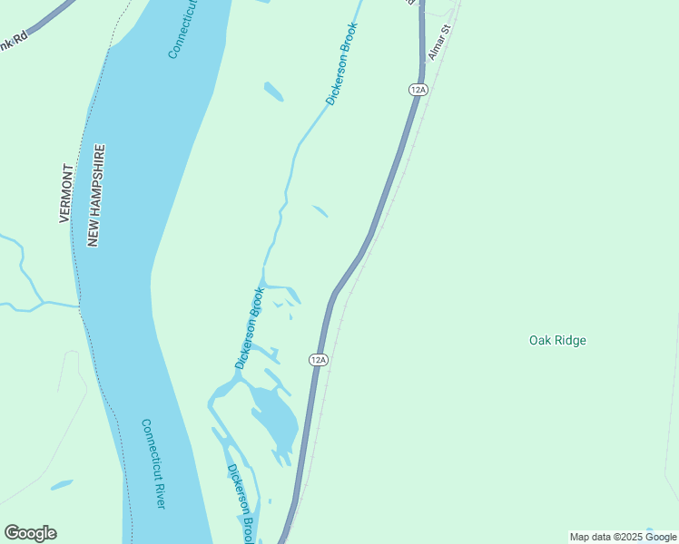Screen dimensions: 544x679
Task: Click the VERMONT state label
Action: [65, 193]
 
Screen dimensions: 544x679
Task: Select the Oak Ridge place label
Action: [557, 341]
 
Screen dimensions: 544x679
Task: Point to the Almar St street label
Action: [439, 43]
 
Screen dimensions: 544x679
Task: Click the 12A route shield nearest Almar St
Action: [418, 89]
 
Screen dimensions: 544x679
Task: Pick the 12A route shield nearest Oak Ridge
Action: [318, 360]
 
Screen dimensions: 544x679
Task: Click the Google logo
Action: [30, 533]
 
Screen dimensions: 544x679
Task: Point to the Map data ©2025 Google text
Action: [623, 537]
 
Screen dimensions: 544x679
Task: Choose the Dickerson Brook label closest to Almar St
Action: [342, 63]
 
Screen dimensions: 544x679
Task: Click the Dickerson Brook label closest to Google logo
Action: [241, 501]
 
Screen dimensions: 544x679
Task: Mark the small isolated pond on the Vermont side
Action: [62, 485]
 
